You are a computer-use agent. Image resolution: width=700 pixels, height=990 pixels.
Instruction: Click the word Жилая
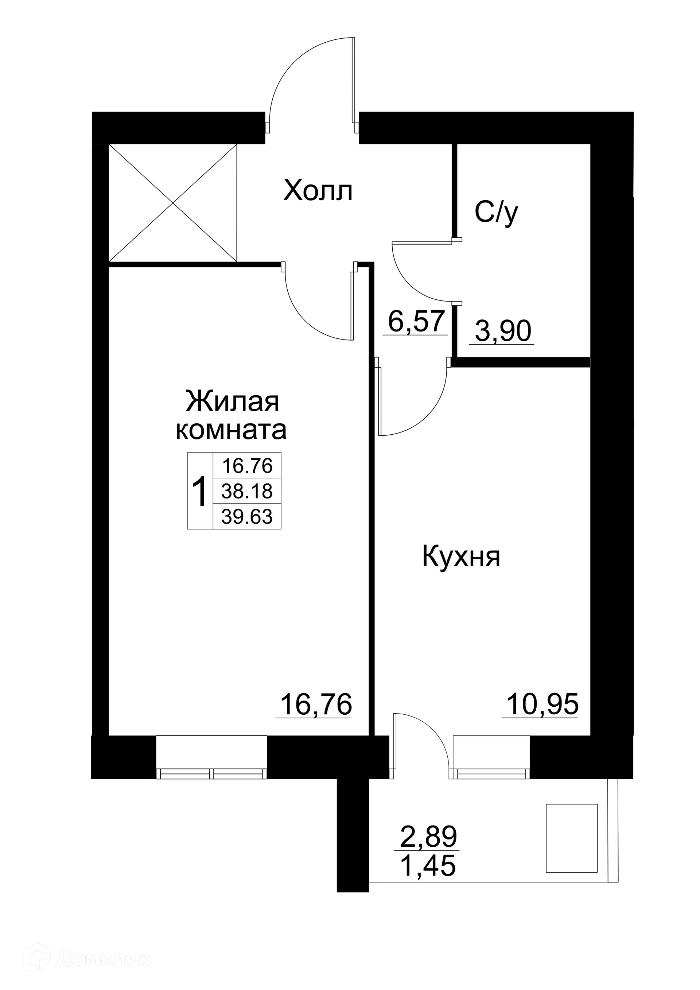[x=232, y=401]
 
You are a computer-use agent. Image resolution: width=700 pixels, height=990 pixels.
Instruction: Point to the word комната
[x=231, y=430]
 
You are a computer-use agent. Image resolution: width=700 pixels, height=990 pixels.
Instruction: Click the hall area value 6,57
[x=416, y=321]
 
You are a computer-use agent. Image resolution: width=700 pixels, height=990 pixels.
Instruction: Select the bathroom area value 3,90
[x=503, y=331]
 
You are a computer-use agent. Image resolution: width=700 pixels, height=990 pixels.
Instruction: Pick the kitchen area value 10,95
[x=542, y=704]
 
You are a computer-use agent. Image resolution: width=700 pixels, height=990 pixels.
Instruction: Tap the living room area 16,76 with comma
[x=316, y=704]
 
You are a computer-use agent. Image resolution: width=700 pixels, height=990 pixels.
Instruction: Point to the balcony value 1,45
[x=428, y=865]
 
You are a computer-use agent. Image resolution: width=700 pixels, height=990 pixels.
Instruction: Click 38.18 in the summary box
[x=247, y=491]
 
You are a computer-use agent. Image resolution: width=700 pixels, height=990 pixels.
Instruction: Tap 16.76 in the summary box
[x=247, y=466]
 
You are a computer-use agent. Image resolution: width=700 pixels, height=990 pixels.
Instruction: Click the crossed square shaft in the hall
[x=173, y=203]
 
